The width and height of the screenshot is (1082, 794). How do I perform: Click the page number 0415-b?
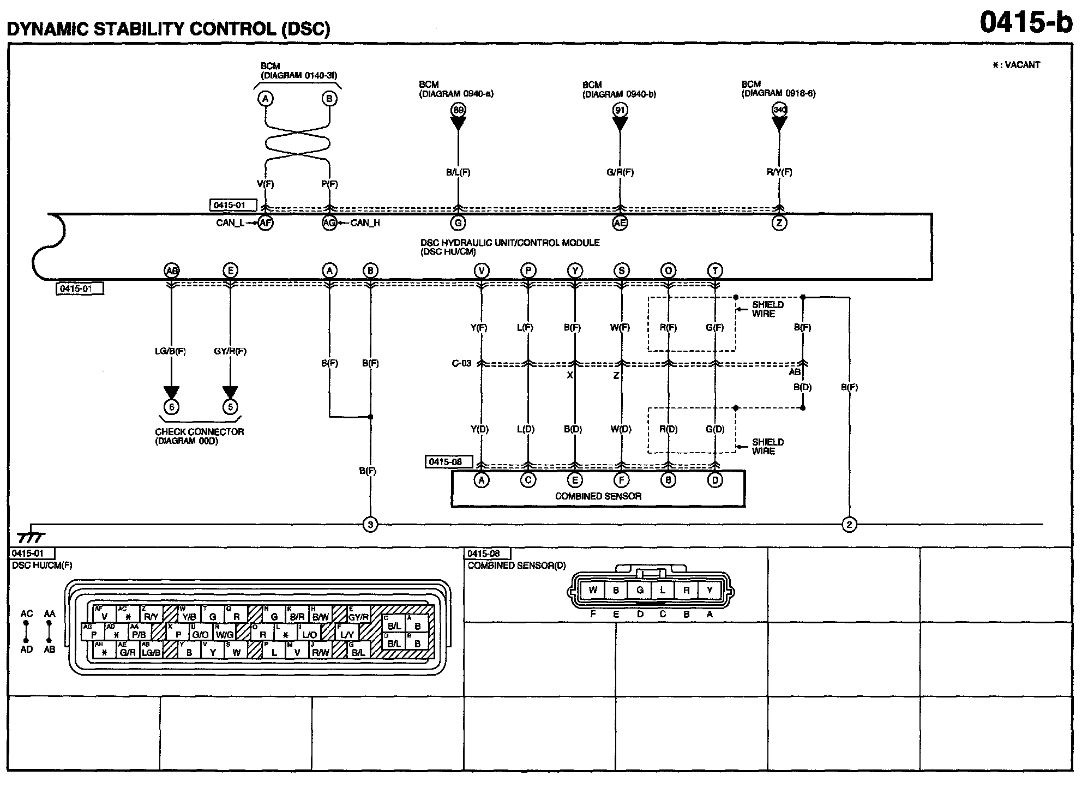(x=1025, y=23)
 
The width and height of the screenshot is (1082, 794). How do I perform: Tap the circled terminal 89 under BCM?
(x=458, y=110)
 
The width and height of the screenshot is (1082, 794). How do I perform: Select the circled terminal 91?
(x=620, y=110)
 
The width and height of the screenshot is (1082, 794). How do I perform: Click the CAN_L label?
(x=230, y=223)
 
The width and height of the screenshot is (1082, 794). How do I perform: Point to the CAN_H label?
(x=365, y=223)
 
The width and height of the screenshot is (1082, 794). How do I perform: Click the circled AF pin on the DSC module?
(x=265, y=223)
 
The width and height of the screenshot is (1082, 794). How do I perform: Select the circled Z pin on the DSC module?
(x=779, y=223)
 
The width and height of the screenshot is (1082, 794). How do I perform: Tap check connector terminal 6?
(x=171, y=407)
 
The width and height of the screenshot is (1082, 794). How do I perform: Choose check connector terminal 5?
(x=230, y=407)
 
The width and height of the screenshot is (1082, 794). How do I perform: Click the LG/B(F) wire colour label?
(x=171, y=352)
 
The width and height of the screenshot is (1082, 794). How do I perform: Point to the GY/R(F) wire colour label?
(x=230, y=352)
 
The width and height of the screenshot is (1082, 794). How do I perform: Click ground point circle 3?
(x=370, y=525)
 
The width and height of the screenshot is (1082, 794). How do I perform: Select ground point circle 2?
(x=849, y=525)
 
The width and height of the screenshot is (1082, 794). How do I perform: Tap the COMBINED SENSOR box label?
(x=598, y=496)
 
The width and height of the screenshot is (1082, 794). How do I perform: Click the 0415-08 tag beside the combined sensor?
(x=446, y=462)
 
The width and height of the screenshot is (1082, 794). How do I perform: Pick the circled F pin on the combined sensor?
(x=621, y=480)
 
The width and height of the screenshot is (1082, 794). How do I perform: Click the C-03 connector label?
(x=461, y=364)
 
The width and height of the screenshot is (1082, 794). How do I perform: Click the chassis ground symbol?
(x=31, y=537)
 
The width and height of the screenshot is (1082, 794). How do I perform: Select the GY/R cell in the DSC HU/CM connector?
(x=359, y=617)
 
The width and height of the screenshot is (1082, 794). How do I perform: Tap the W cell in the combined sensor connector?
(x=593, y=590)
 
